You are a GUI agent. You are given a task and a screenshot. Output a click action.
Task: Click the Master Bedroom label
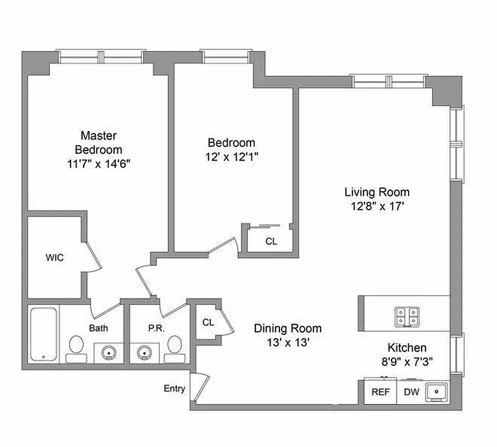click(x=98, y=142)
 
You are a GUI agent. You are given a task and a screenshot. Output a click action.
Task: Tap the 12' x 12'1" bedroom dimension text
click(x=231, y=158)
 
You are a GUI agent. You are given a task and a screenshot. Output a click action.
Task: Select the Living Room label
click(x=376, y=192)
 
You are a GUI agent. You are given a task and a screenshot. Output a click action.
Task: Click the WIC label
click(x=54, y=258)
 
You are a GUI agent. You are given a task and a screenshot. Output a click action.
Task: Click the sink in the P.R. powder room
click(x=145, y=353)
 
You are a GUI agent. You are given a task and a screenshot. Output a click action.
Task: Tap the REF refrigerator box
click(x=381, y=392)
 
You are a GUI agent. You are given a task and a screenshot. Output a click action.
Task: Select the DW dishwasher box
click(x=411, y=392)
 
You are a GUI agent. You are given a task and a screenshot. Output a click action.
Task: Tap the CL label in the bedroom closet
click(x=271, y=241)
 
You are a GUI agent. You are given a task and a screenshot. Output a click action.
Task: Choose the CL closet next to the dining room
click(x=208, y=322)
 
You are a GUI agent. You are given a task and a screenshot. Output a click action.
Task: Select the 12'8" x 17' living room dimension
click(x=376, y=206)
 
